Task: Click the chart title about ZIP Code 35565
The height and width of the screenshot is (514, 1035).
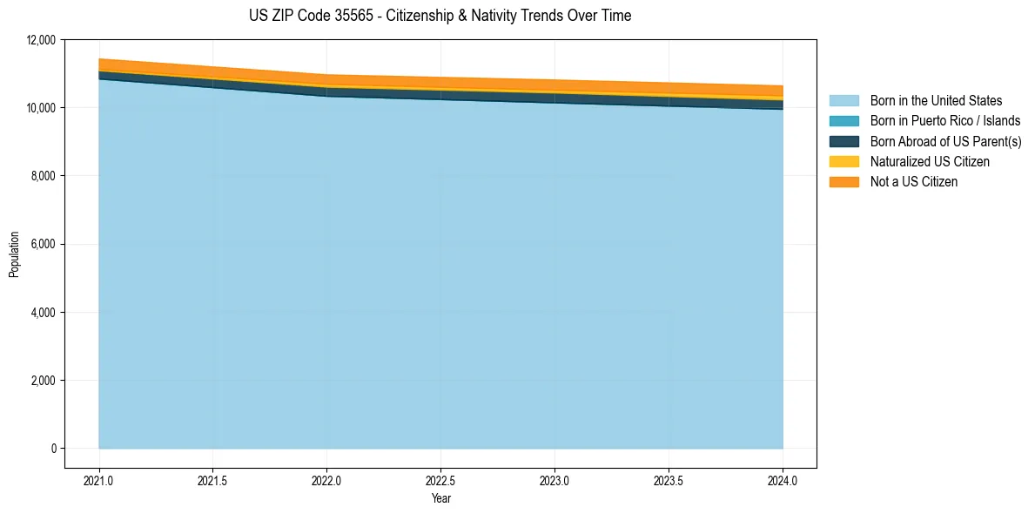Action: (440, 16)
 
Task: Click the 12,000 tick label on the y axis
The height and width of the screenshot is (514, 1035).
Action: (41, 40)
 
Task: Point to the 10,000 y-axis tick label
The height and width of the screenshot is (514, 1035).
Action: (41, 108)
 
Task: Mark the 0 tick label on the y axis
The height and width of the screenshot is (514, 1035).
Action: (53, 449)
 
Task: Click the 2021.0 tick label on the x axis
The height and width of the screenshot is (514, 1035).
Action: (99, 480)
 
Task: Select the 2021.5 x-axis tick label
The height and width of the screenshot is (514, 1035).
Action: (213, 480)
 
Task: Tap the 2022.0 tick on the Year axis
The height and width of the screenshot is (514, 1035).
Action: (327, 480)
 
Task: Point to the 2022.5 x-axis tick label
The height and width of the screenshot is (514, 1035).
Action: (441, 480)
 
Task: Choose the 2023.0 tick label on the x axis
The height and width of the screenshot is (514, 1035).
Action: (555, 480)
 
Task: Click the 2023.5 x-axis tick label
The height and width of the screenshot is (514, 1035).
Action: (669, 480)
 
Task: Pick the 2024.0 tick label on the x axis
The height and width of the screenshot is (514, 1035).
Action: (783, 480)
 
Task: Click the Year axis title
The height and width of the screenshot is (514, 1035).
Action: (441, 498)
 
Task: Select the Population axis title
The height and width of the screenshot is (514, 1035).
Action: (14, 254)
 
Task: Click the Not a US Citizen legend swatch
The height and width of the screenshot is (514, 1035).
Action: (843, 182)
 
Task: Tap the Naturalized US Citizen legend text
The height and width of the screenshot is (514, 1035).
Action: (930, 162)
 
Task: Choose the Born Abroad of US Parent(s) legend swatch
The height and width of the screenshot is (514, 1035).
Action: (843, 141)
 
